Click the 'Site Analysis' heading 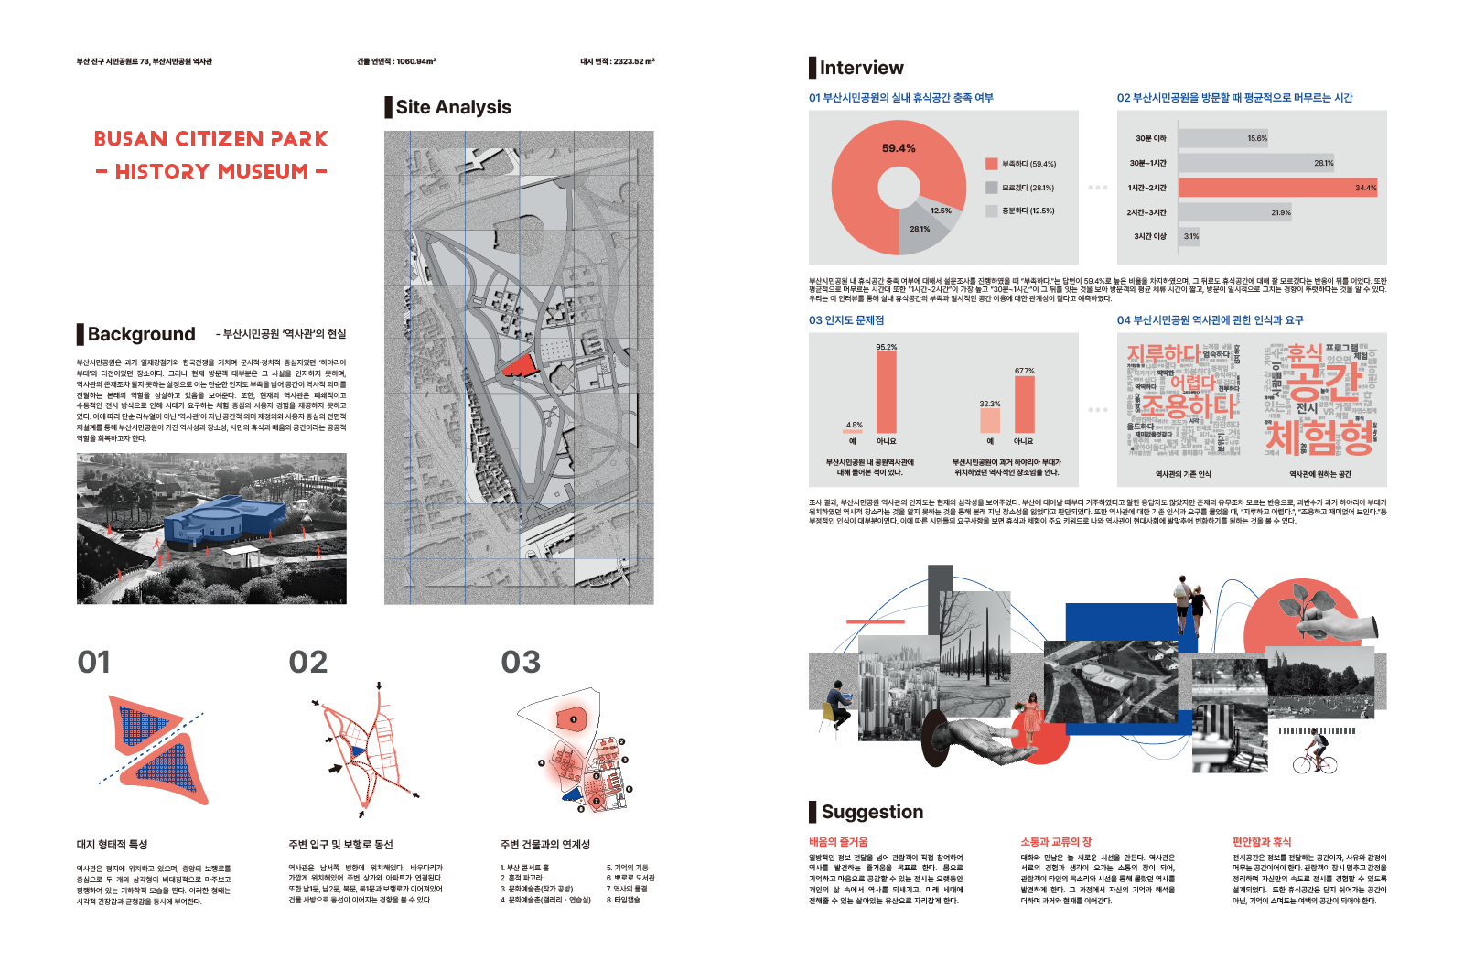click(x=453, y=107)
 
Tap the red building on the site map click(x=519, y=364)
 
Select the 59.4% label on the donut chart click(x=899, y=148)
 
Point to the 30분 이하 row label click(x=1150, y=139)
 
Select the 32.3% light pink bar click(x=990, y=420)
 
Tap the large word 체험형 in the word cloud click(x=1319, y=437)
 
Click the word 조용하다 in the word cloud click(x=1188, y=405)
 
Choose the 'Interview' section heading click(x=861, y=68)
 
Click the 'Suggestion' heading click(x=872, y=812)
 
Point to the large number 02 click(x=307, y=662)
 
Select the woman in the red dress click(x=1033, y=718)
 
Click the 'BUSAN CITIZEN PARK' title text click(x=210, y=139)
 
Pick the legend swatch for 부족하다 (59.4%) click(x=991, y=164)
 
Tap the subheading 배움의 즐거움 click(x=838, y=842)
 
